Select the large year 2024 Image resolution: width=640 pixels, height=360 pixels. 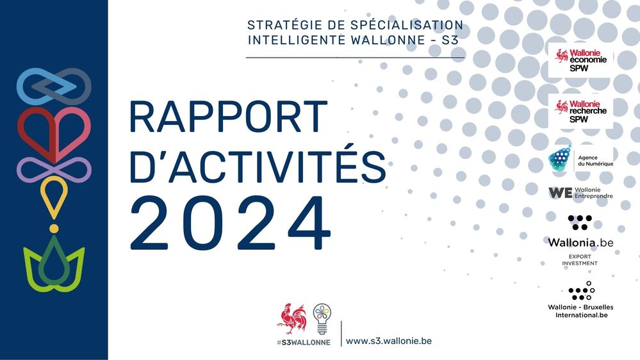(231, 224)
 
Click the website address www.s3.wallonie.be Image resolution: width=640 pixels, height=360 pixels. (389, 341)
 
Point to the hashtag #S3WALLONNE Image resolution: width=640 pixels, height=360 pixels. (304, 342)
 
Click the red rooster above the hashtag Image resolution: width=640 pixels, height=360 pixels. (291, 318)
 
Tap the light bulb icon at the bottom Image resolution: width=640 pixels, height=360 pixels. (322, 318)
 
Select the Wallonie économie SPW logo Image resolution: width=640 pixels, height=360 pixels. (580, 60)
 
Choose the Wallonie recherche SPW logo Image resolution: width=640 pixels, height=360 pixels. (580, 111)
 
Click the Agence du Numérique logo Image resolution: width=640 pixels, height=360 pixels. (580, 160)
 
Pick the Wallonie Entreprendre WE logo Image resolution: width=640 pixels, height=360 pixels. (580, 192)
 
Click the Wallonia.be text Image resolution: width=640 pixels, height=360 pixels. (580, 243)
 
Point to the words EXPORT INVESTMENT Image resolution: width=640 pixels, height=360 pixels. (580, 260)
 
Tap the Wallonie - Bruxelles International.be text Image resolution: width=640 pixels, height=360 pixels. (580, 311)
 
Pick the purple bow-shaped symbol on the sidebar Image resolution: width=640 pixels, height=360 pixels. (54, 169)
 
